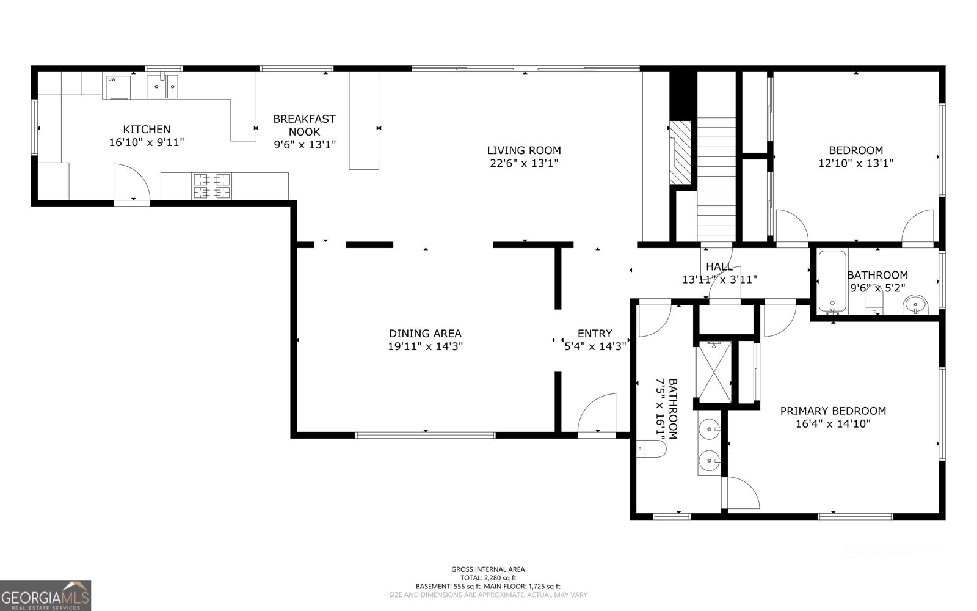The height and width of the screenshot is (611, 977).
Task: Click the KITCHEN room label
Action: click(x=147, y=130)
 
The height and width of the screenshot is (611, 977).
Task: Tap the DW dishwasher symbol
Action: click(x=118, y=87)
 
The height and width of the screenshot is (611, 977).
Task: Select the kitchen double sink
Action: click(x=162, y=87)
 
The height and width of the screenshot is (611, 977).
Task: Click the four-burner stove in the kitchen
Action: click(x=212, y=186)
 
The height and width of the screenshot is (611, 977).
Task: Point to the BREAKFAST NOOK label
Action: click(x=304, y=125)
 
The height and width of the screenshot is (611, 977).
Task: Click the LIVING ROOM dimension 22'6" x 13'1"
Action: click(x=524, y=163)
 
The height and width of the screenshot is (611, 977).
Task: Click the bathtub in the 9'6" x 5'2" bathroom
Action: click(x=832, y=281)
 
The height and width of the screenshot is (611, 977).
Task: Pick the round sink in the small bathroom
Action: click(x=915, y=304)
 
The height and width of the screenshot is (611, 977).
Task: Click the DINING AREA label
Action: click(x=425, y=334)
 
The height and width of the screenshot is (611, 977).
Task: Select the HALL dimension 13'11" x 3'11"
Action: click(x=719, y=279)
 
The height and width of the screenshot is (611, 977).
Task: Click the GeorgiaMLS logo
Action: click(x=46, y=595)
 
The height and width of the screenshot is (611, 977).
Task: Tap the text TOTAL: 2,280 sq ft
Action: click(x=488, y=577)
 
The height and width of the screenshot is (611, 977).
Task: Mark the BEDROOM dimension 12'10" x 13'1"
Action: click(x=855, y=163)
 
